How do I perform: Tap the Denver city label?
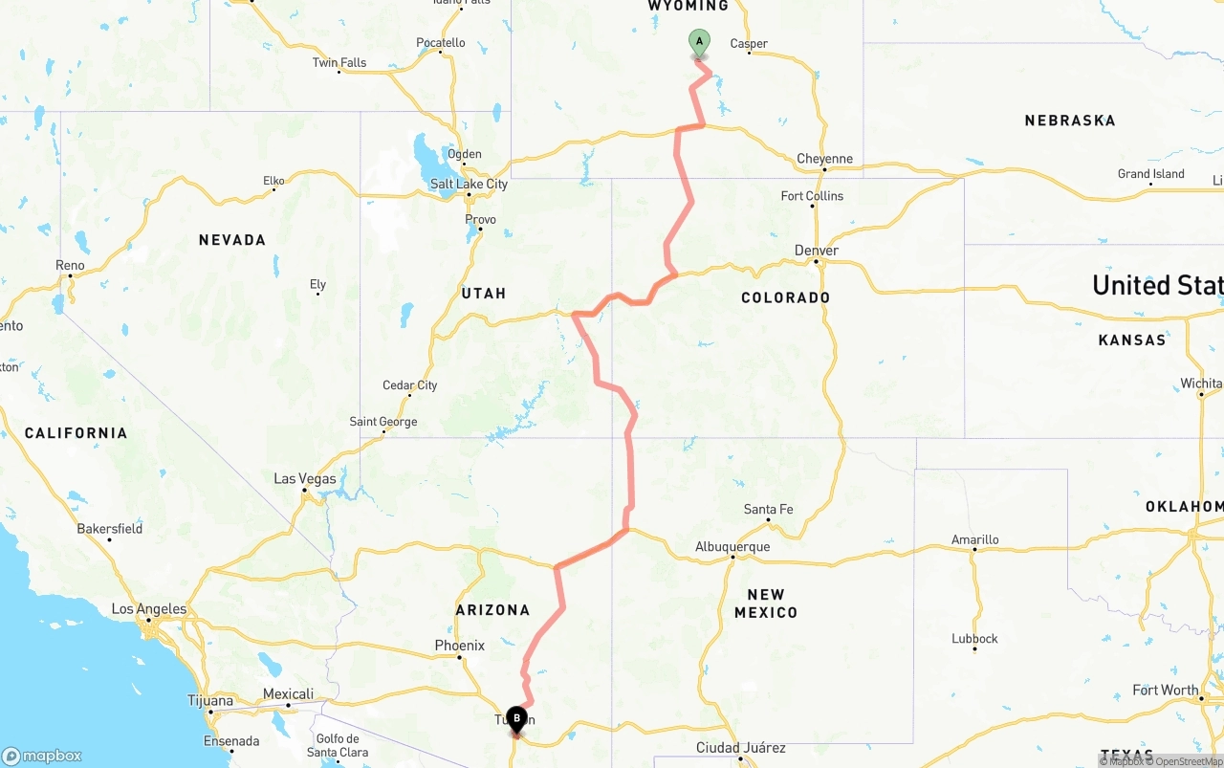click(817, 251)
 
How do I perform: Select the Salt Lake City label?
click(469, 184)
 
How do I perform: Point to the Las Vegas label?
click(305, 478)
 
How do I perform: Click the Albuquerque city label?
click(732, 547)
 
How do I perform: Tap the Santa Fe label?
click(768, 509)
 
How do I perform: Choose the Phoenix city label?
click(460, 646)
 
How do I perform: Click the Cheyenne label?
click(824, 159)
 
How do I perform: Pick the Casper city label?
click(749, 43)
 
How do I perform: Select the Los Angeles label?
click(149, 608)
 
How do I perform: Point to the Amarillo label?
click(975, 539)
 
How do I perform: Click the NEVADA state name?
click(232, 240)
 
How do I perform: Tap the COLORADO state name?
click(786, 297)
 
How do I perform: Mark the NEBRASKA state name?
click(1070, 121)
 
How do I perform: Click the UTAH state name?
click(484, 294)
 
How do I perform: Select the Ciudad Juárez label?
click(741, 747)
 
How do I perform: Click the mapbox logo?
click(42, 756)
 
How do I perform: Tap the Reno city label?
click(70, 265)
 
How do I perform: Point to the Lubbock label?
click(974, 639)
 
